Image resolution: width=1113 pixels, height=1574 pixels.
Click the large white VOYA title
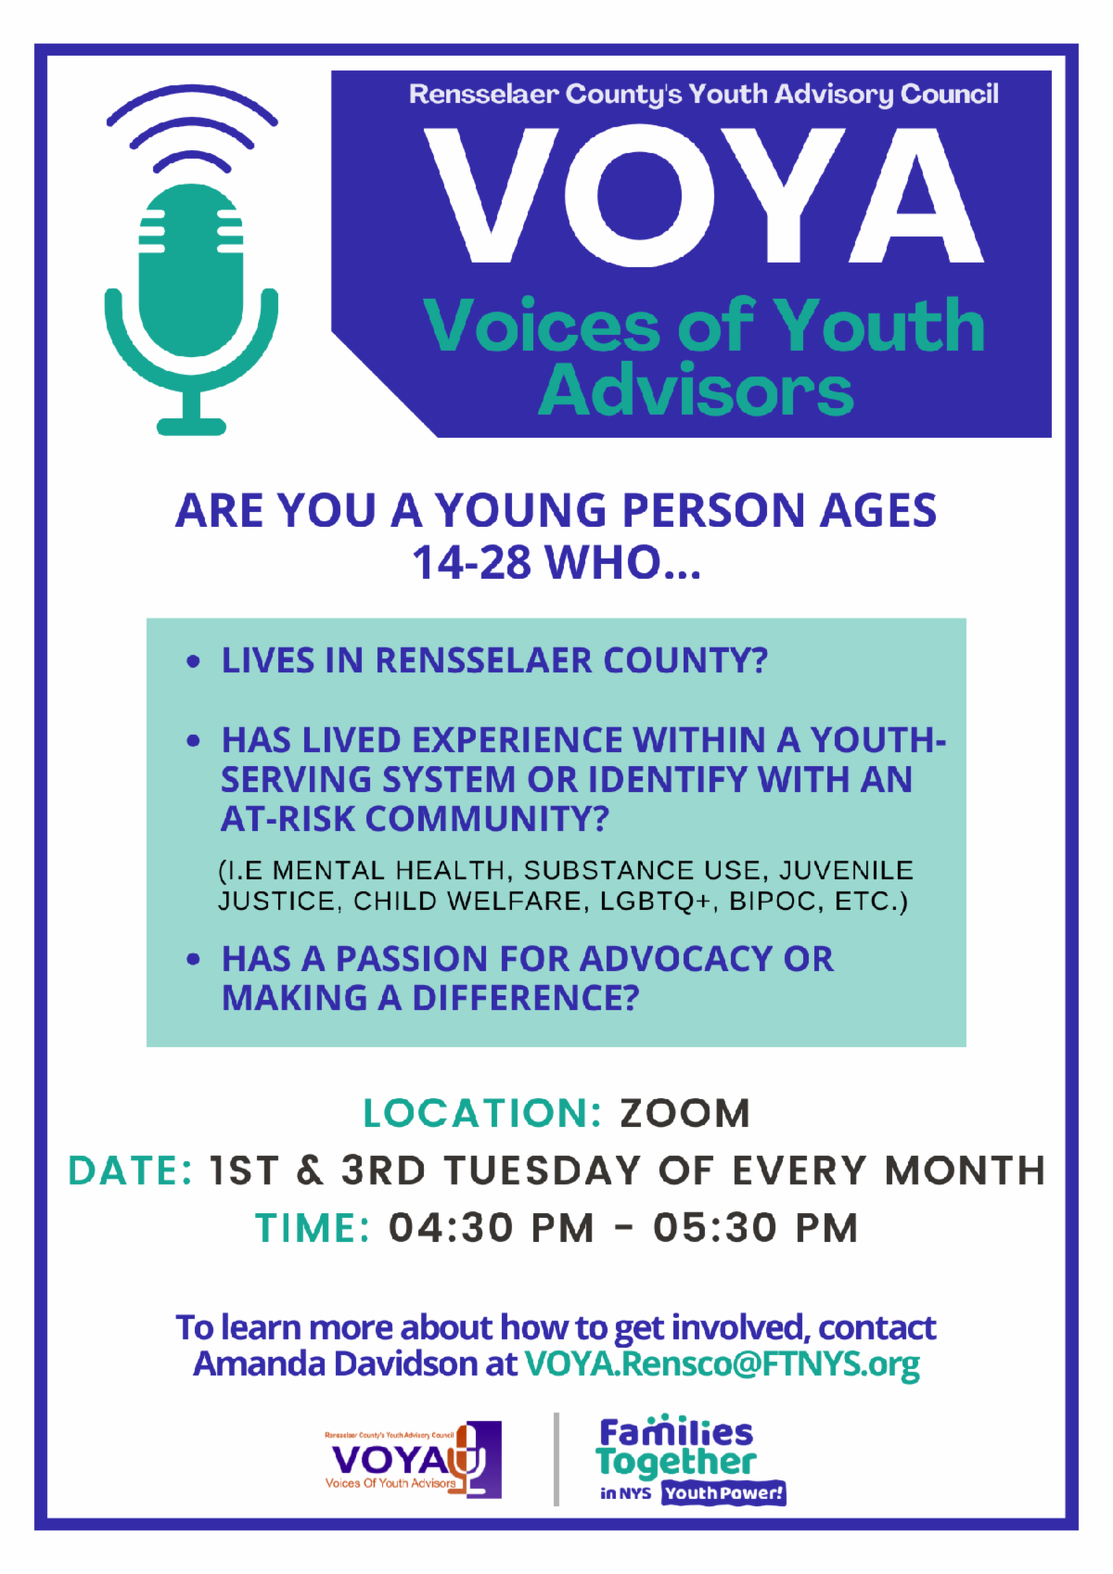tap(704, 196)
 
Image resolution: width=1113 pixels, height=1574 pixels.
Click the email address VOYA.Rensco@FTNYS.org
tap(723, 1364)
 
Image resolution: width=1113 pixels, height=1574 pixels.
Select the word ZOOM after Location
tap(685, 1113)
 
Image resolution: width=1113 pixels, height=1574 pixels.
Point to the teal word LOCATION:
tap(482, 1113)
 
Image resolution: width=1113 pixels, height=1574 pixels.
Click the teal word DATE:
tap(130, 1171)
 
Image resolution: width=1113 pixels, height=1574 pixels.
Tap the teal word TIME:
tap(312, 1228)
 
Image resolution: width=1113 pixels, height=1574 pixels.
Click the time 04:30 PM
tap(492, 1228)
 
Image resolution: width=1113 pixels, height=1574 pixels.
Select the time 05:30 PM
tap(755, 1228)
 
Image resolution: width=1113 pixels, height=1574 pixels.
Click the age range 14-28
tap(471, 563)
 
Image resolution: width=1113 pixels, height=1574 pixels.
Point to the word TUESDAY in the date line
tap(543, 1171)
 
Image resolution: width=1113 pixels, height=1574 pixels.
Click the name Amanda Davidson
tap(336, 1363)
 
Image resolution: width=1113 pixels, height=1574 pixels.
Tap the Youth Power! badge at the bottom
tap(723, 1493)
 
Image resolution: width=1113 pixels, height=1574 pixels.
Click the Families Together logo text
tap(676, 1448)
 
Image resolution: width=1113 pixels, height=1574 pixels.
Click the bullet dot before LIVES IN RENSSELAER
tap(193, 661)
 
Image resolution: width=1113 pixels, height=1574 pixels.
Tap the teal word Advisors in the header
tap(696, 390)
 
